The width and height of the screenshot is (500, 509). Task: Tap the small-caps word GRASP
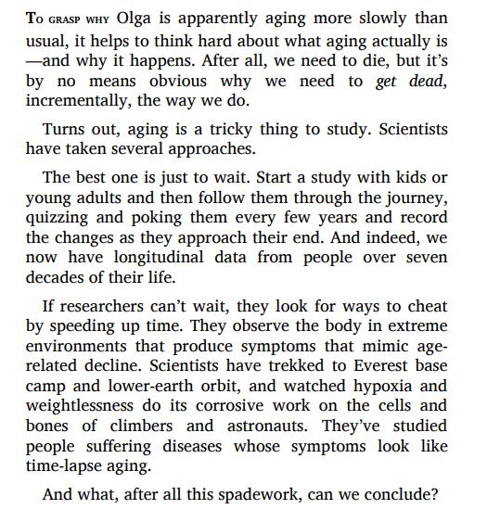pyautogui.click(x=61, y=19)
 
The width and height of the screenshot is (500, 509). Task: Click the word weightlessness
pyautogui.click(x=89, y=406)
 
